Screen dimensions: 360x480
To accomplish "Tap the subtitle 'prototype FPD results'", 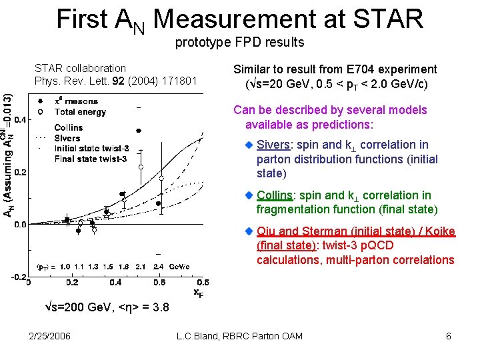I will [239, 43].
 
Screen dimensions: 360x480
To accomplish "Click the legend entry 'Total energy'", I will [80, 112].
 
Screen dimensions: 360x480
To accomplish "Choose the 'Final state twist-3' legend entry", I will [90, 159].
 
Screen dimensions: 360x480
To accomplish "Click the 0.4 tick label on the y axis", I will [20, 120].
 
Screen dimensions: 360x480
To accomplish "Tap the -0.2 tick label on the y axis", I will [19, 276].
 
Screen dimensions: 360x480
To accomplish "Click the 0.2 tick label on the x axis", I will [71, 283].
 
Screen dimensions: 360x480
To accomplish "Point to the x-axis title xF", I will [199, 291].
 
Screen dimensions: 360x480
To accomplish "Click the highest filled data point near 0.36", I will [139, 131].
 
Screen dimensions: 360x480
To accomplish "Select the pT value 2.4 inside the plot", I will [158, 266].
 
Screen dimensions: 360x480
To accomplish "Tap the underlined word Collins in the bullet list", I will [274, 195].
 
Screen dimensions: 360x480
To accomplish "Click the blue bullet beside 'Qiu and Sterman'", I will [249, 231].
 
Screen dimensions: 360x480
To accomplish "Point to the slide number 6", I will [449, 336].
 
